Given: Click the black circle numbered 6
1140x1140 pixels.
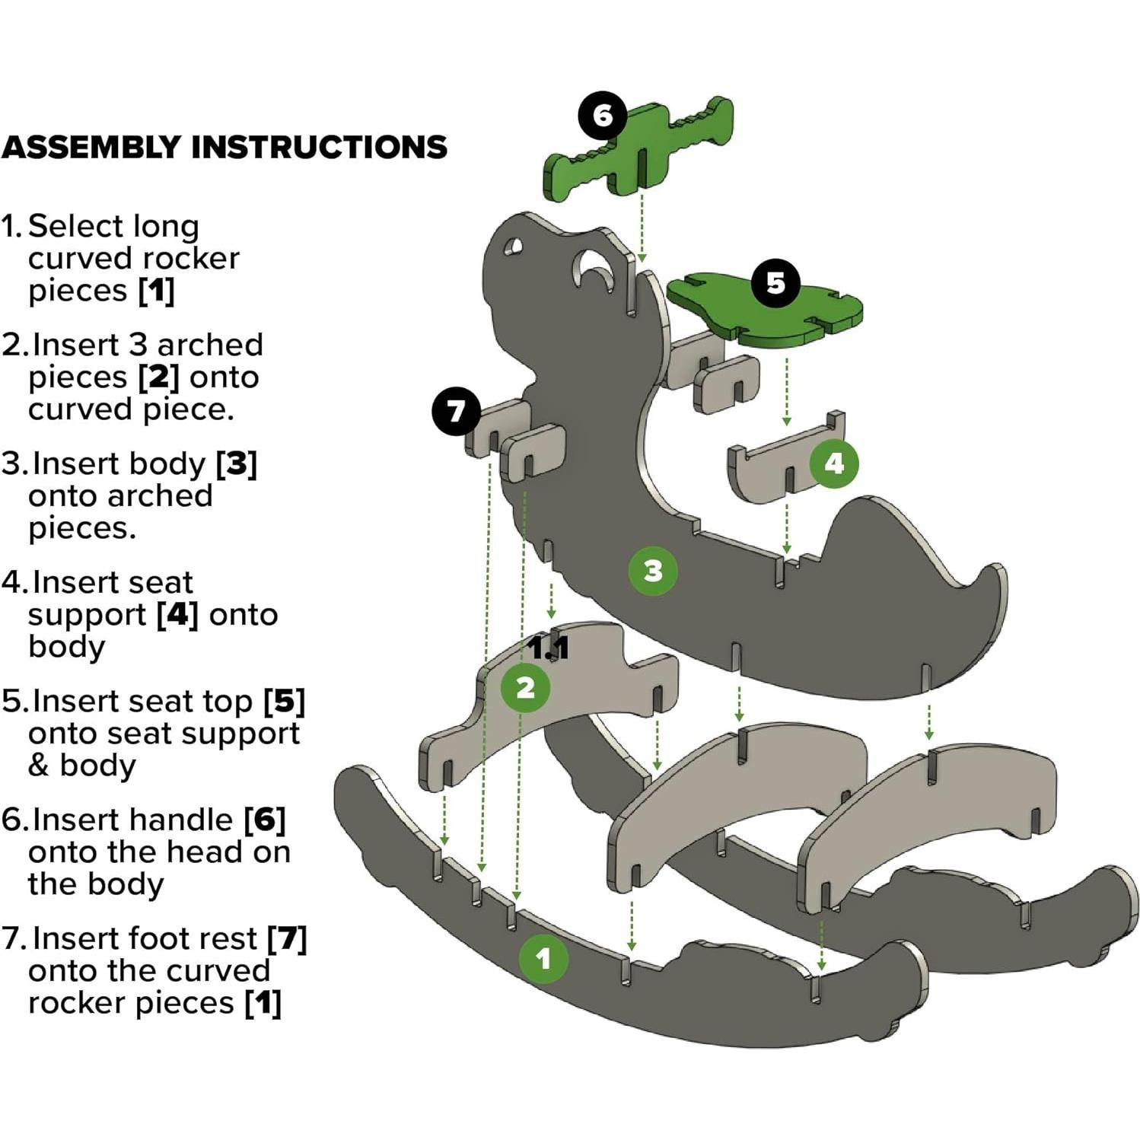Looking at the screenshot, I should (x=602, y=116).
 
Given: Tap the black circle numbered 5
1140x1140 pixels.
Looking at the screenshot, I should (x=775, y=283).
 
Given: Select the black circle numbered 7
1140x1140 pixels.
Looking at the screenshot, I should (x=455, y=411).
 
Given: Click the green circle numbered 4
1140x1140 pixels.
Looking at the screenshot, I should (x=834, y=463).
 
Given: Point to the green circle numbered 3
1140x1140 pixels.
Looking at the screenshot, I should (x=653, y=571).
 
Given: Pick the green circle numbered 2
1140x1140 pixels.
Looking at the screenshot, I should (x=525, y=688).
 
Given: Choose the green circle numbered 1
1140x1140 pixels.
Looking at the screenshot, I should (x=543, y=958).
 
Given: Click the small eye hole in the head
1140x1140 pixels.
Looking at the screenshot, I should (x=511, y=249).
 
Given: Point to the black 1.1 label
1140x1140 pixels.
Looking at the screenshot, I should (x=549, y=648).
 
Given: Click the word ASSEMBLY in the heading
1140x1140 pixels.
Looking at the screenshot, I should (x=91, y=147).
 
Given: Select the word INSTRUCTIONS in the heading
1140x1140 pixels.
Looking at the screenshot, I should (x=319, y=147).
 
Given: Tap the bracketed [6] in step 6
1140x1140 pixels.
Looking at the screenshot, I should (x=264, y=820).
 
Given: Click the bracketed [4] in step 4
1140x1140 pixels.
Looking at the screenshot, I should (x=177, y=614).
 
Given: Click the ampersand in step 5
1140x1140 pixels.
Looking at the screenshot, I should (x=38, y=765).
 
